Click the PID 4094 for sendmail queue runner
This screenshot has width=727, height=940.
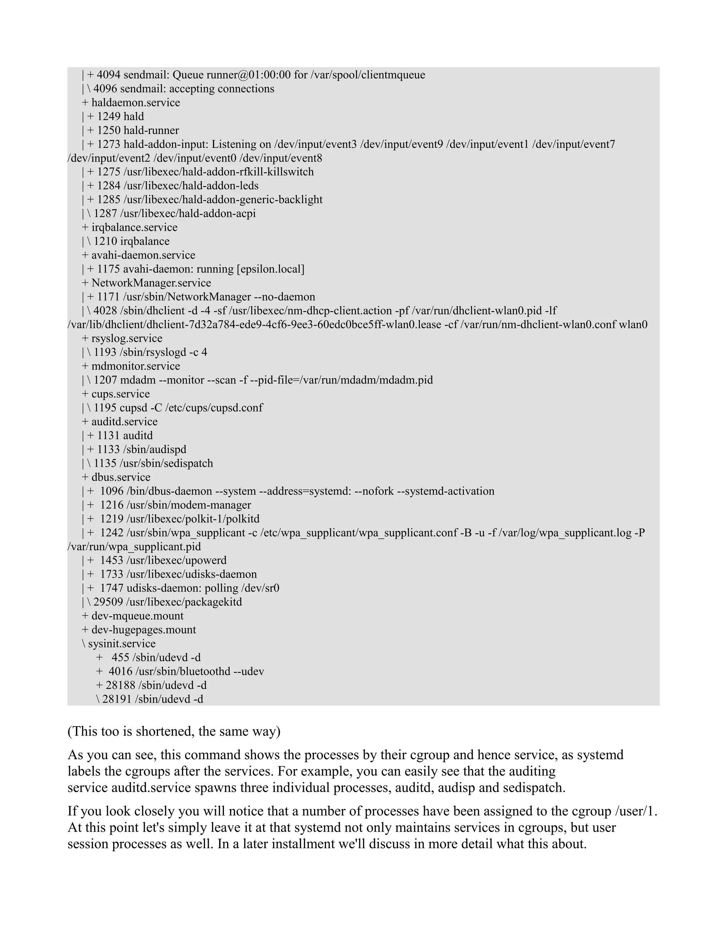(x=109, y=75)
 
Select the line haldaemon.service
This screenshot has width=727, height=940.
(x=136, y=103)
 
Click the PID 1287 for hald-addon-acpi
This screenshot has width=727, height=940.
(x=105, y=214)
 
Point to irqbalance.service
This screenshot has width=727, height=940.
(x=135, y=227)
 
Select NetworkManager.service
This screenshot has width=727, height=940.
(x=151, y=283)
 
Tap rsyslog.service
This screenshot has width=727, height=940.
(x=127, y=338)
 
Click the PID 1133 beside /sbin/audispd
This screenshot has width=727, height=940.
(x=109, y=449)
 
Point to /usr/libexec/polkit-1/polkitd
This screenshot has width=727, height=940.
(x=193, y=519)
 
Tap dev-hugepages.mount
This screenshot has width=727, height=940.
(x=143, y=630)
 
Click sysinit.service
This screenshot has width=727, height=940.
(x=122, y=643)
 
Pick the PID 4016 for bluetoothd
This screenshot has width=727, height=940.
(x=120, y=671)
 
